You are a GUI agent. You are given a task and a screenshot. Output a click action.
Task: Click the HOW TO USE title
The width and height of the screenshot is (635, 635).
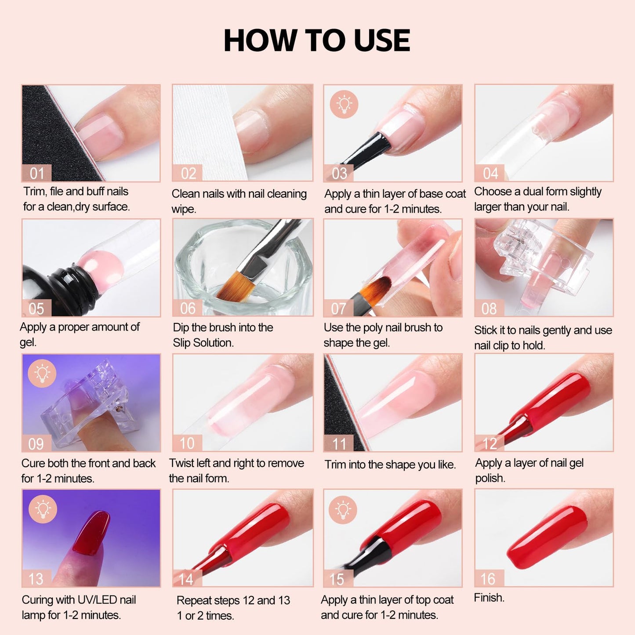[317, 40]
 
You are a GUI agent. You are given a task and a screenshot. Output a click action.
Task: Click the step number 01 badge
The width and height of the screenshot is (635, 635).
[37, 174]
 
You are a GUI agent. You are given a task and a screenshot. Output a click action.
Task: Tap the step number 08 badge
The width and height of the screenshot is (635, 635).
[489, 308]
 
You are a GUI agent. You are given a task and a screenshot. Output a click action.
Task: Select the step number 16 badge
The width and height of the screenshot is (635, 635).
[488, 579]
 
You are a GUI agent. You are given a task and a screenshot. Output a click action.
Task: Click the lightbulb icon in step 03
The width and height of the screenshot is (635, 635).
[344, 104]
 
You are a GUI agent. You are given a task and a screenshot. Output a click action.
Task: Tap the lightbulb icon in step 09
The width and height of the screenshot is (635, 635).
[42, 374]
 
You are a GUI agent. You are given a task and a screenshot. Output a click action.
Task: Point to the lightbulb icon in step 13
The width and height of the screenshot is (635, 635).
[43, 509]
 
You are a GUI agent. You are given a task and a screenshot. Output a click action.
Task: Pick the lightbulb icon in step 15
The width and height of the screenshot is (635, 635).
[343, 509]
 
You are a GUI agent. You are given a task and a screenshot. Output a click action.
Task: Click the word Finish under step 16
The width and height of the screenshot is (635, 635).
[489, 598]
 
